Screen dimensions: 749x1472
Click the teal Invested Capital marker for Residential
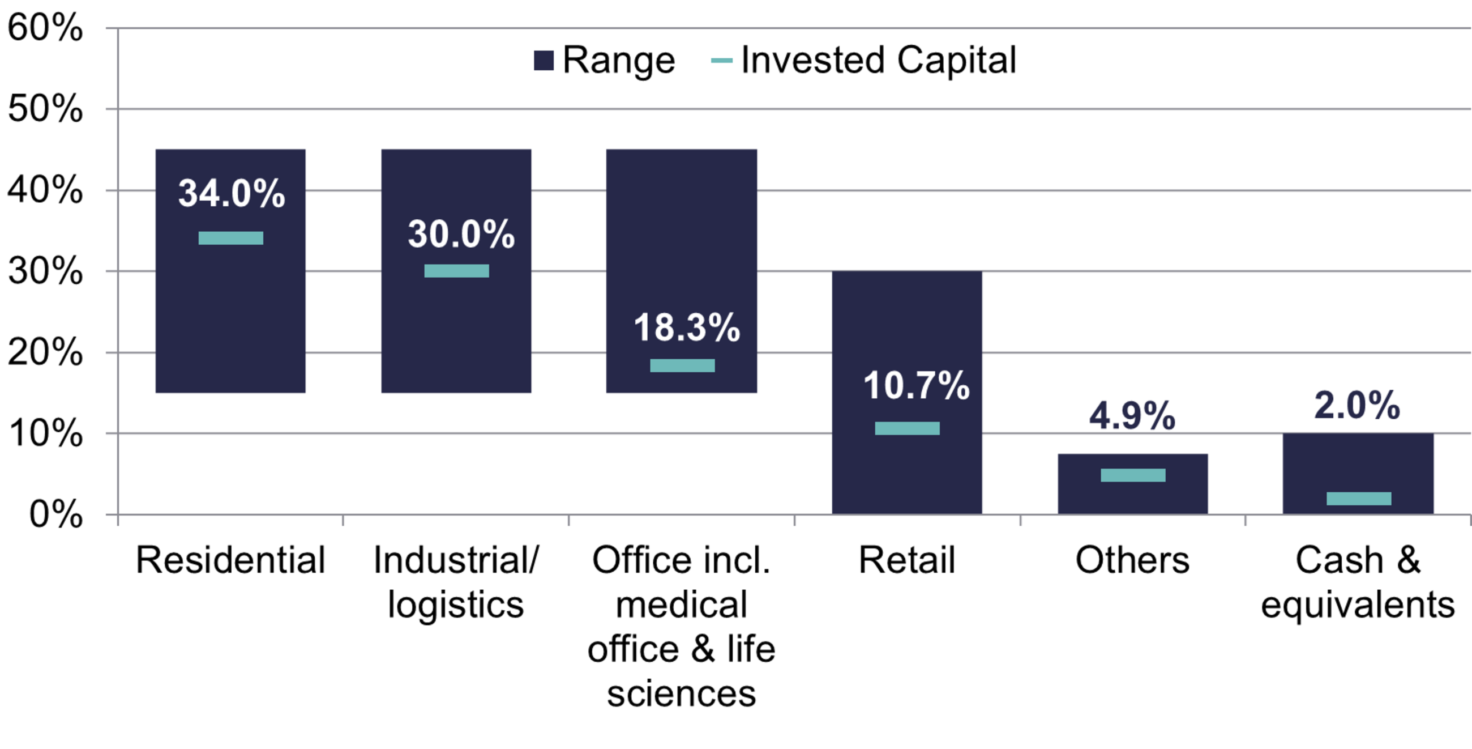(x=231, y=238)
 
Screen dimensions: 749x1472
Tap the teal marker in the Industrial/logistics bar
(x=456, y=271)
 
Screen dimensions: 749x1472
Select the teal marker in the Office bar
(x=682, y=365)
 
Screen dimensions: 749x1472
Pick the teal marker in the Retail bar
(x=908, y=428)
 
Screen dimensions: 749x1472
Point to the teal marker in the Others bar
(x=1133, y=475)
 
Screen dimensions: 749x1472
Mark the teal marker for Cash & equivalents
(x=1359, y=499)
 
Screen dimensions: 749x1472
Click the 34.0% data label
(x=232, y=193)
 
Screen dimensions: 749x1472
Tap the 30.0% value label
(x=461, y=235)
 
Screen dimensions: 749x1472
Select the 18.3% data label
(x=687, y=327)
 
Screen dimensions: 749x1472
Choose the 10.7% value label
(x=917, y=385)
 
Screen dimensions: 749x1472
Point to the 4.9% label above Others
(x=1132, y=416)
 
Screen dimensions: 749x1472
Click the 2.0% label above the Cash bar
(x=1357, y=406)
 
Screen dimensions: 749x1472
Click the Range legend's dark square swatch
(x=544, y=61)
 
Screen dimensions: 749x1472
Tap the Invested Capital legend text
(x=878, y=60)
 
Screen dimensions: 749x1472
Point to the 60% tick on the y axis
(x=45, y=27)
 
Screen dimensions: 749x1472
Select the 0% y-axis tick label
(x=55, y=514)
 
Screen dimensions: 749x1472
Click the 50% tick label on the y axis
(x=45, y=109)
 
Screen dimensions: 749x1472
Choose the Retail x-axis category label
(x=907, y=560)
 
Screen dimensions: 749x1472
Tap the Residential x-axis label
(x=230, y=560)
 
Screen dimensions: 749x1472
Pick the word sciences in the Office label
(x=681, y=693)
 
